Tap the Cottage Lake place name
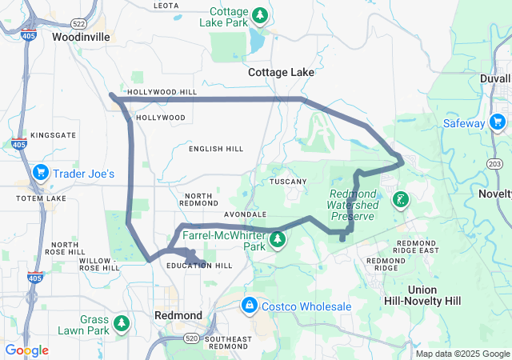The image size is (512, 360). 281,72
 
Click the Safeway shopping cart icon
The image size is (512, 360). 498,122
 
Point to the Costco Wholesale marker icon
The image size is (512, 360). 250,306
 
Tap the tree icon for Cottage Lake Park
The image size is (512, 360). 260,14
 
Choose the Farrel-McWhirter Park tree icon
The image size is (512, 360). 278,239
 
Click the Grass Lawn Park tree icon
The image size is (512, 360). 122,323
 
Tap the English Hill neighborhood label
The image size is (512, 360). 216,149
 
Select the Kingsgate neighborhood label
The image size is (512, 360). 53,136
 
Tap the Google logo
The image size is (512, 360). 27,350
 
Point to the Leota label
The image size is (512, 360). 166,6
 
